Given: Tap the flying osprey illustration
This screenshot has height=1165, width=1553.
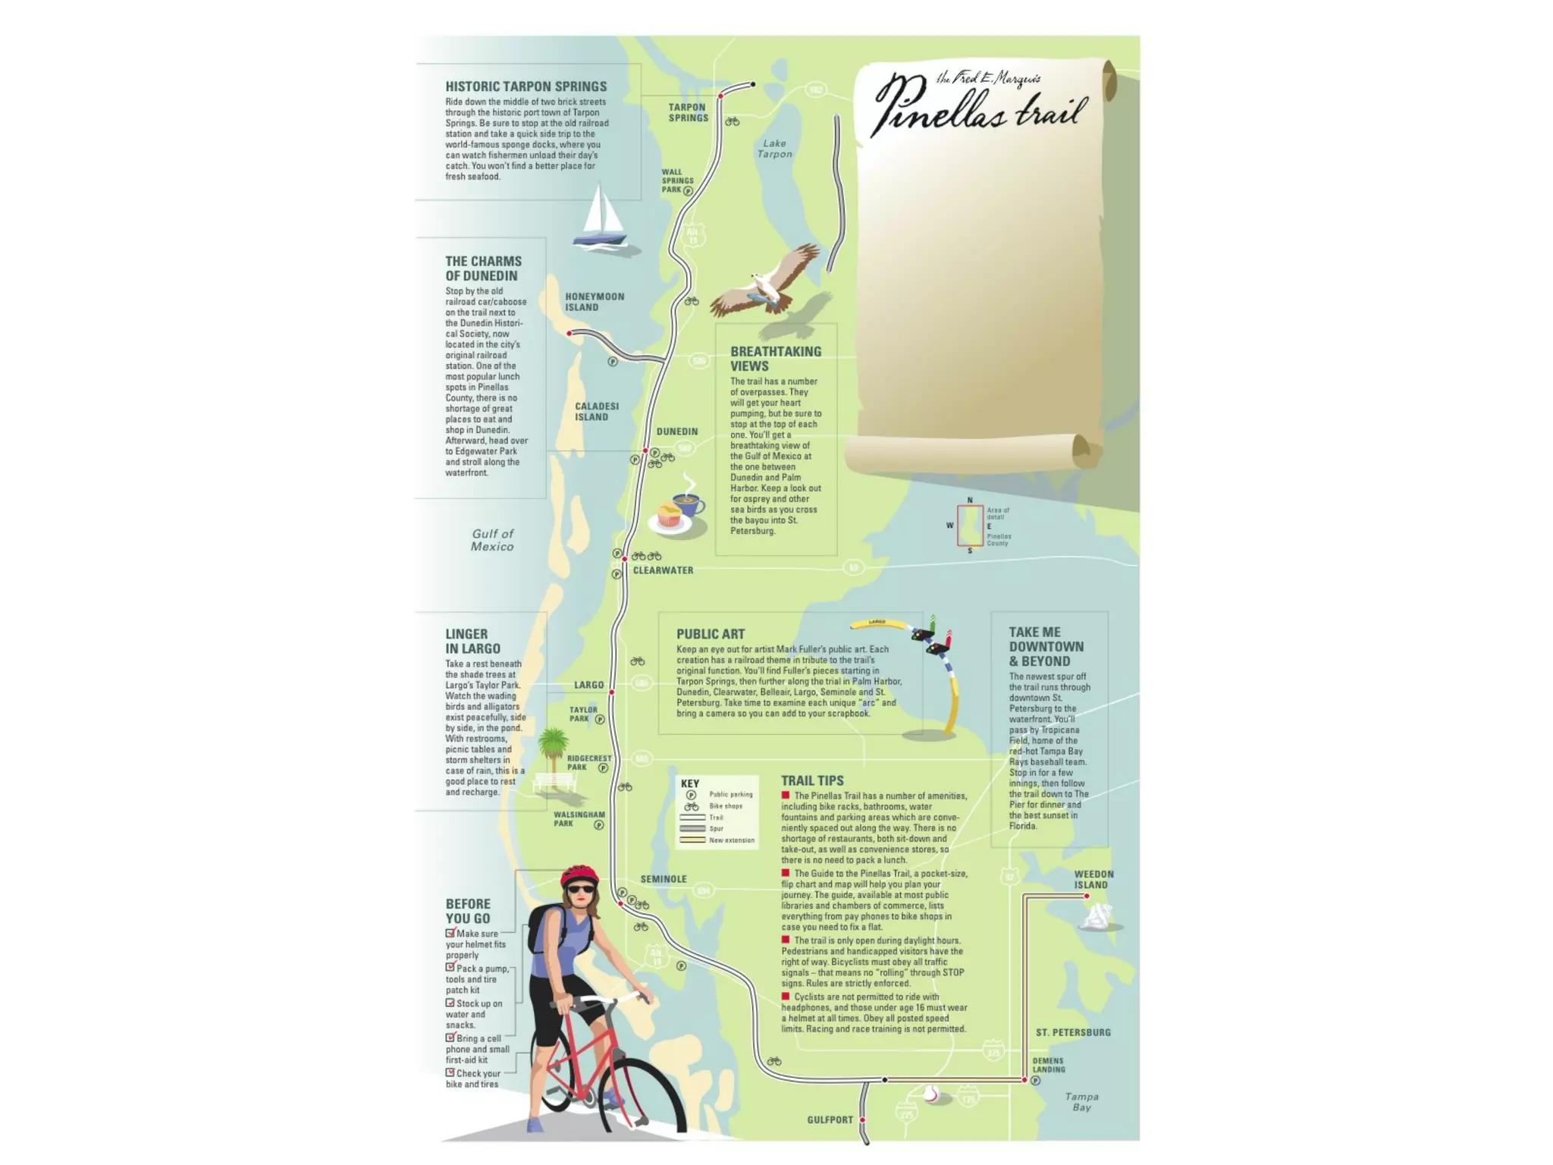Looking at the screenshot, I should (766, 284).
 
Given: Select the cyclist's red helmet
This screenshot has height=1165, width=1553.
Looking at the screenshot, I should (579, 875).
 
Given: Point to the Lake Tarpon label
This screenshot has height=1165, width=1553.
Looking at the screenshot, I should (774, 149).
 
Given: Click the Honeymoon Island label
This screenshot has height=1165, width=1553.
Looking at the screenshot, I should (594, 302).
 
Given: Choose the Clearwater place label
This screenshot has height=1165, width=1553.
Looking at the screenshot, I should (663, 570).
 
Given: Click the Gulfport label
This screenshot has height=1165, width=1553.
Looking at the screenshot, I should (830, 1119).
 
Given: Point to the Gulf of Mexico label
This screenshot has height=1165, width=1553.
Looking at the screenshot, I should (492, 540).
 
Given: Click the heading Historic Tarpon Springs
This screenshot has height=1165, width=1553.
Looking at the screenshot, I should (526, 86).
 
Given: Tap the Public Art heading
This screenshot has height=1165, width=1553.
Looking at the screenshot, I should (711, 634).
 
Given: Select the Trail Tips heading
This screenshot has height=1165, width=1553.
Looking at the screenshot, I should (812, 780).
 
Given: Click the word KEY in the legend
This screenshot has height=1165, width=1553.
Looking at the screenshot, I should (690, 783).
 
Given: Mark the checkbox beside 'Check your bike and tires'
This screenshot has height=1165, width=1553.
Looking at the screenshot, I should (450, 1072).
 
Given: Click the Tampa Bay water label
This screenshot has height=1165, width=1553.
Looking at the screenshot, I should (1081, 1102).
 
